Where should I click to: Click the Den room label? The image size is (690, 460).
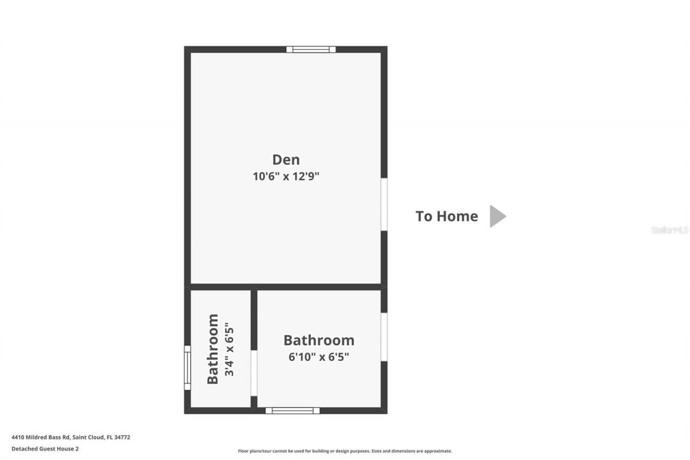tap(286, 160)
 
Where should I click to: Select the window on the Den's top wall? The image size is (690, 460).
tap(310, 50)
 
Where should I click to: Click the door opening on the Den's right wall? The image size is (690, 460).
tap(384, 204)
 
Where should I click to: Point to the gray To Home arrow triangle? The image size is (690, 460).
tap(496, 216)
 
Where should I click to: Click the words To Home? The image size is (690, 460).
tap(446, 216)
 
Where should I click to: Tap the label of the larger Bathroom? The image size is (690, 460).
tap(319, 340)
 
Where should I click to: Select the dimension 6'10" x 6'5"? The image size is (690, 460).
tap(318, 357)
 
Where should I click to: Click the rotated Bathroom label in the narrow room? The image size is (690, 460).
tap(213, 349)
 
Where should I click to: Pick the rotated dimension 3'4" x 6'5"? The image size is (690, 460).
tap(229, 349)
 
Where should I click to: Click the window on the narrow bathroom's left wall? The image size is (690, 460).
tap(188, 368)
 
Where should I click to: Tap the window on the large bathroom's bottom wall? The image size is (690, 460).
tap(293, 410)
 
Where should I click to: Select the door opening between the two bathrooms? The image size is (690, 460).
tap(254, 373)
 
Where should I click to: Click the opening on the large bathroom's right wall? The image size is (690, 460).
tap(384, 337)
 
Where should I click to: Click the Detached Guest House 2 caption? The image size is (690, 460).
tap(45, 448)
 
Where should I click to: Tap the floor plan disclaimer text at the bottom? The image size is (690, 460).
tap(345, 451)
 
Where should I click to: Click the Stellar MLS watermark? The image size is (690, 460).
tap(670, 230)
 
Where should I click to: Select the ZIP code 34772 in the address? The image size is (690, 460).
tap(122, 437)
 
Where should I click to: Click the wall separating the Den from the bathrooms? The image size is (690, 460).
tap(286, 286)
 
